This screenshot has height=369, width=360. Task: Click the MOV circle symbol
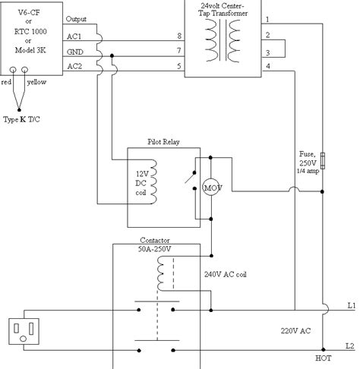click(x=210, y=186)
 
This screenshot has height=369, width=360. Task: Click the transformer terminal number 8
click(x=179, y=36)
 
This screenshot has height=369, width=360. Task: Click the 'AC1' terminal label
click(x=75, y=37)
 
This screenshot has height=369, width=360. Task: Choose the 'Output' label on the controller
click(x=77, y=18)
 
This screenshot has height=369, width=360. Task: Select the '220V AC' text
click(x=295, y=332)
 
